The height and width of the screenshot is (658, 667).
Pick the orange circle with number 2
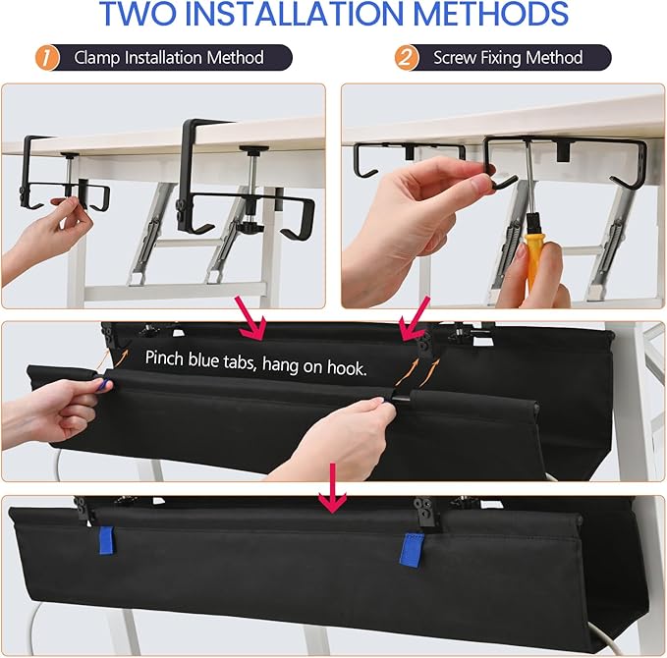click(407, 57)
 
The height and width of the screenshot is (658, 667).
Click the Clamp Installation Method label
click(169, 57)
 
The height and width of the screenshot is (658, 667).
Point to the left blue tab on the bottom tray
click(106, 541)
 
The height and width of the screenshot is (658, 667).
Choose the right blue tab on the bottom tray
click(411, 549)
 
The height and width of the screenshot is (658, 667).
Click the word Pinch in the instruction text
click(167, 357)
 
